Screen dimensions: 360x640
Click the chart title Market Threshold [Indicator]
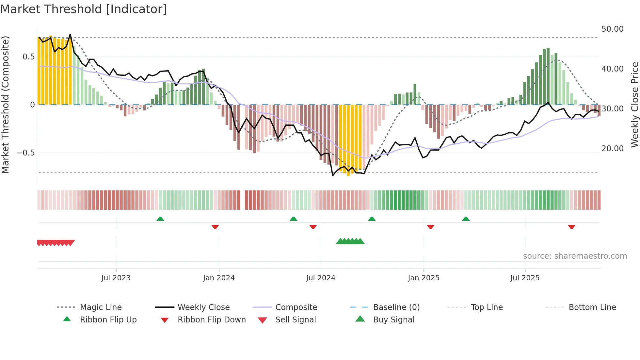84,9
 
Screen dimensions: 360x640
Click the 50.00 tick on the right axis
612,29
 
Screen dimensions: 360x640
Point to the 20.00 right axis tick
612,149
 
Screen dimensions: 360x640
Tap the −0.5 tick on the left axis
26,153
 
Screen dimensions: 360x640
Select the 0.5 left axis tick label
28,57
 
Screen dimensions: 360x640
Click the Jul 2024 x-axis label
321,278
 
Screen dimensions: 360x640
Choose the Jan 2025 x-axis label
424,278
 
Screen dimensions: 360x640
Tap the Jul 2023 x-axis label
116,278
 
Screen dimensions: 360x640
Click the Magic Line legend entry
101,307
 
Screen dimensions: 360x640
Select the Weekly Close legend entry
203,307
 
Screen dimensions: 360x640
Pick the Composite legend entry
296,307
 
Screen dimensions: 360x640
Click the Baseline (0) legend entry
396,307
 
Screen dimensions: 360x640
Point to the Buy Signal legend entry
393,320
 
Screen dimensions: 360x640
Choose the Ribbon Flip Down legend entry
212,320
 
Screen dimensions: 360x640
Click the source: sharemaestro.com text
575,256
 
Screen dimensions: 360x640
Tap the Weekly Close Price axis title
634,105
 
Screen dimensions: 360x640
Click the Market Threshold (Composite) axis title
5,105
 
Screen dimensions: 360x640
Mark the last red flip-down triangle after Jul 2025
571,227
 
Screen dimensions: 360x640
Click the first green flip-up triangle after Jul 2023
160,219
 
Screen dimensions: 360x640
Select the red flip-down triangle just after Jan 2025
430,227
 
